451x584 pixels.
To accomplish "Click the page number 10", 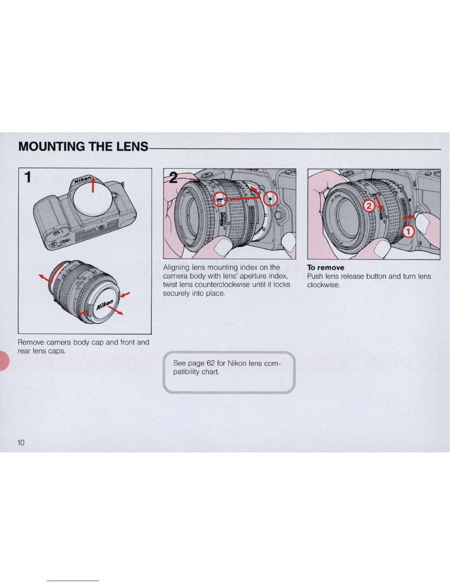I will click(21, 442).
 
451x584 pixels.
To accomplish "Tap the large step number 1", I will click(27, 178).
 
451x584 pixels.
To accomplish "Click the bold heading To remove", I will click(326, 268).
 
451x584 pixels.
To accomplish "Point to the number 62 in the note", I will click(211, 363).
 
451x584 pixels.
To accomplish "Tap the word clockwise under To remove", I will click(324, 285).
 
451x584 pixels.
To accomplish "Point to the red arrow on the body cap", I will click(93, 184).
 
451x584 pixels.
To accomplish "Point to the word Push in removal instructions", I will click(315, 277).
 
